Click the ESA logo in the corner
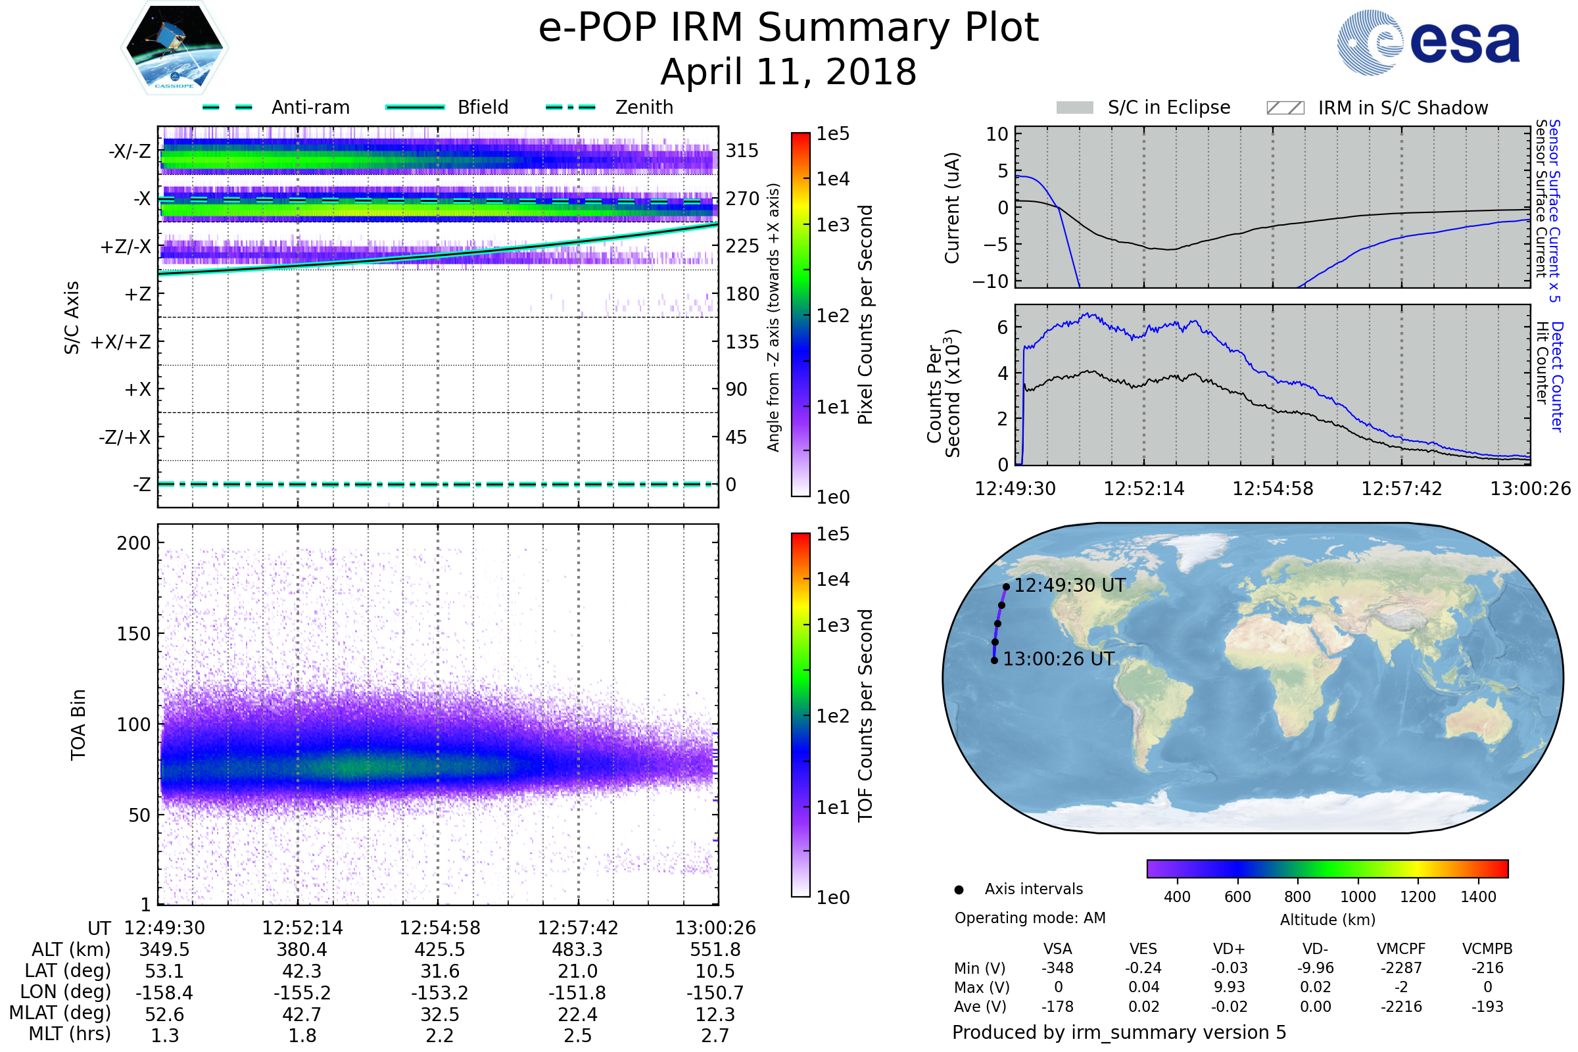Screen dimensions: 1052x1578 [x=1429, y=41]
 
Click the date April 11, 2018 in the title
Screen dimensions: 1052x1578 [x=788, y=72]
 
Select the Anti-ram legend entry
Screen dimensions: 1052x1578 [x=310, y=107]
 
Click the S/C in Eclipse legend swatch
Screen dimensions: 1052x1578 [x=1075, y=108]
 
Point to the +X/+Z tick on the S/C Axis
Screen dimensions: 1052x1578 [x=121, y=342]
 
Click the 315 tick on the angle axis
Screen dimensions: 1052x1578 [x=742, y=151]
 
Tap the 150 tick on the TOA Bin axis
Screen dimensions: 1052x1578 [x=133, y=634]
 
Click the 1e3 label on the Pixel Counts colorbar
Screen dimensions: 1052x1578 [x=832, y=226]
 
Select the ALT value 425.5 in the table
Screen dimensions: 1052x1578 [x=439, y=950]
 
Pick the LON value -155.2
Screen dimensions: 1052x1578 [x=302, y=993]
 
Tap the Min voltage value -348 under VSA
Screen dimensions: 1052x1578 [x=1057, y=968]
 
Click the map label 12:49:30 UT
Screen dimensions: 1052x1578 [x=1070, y=586]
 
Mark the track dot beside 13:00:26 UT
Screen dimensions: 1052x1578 [x=994, y=661]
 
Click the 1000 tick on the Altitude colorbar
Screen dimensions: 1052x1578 [x=1358, y=897]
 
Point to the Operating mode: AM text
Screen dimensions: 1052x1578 [x=1030, y=918]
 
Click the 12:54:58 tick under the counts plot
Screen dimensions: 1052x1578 [x=1273, y=489]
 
